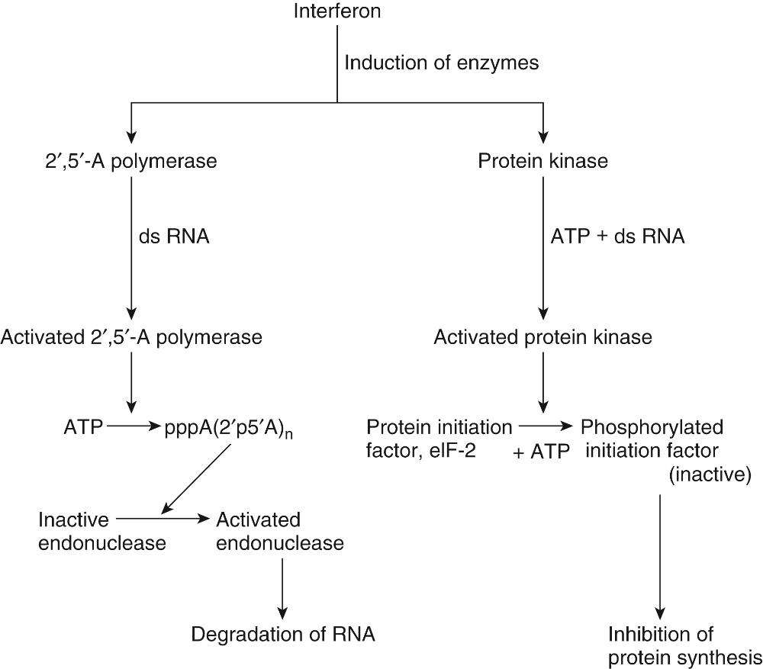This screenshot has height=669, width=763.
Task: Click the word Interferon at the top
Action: [x=337, y=11]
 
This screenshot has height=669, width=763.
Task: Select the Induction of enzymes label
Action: [x=441, y=63]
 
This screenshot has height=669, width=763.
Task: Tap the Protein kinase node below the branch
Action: [x=543, y=161]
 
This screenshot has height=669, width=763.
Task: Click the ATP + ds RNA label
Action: [x=618, y=237]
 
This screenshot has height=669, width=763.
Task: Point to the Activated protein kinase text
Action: [x=543, y=336]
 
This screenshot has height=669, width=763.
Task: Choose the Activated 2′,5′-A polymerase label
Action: [x=131, y=336]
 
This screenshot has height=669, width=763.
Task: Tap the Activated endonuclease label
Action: [x=279, y=532]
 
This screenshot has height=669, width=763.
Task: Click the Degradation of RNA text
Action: [x=283, y=634]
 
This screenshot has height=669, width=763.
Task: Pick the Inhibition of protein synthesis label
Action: [x=684, y=645]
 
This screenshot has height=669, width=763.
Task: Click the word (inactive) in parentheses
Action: [x=710, y=475]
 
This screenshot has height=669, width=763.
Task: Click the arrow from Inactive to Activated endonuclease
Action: [x=163, y=519]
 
